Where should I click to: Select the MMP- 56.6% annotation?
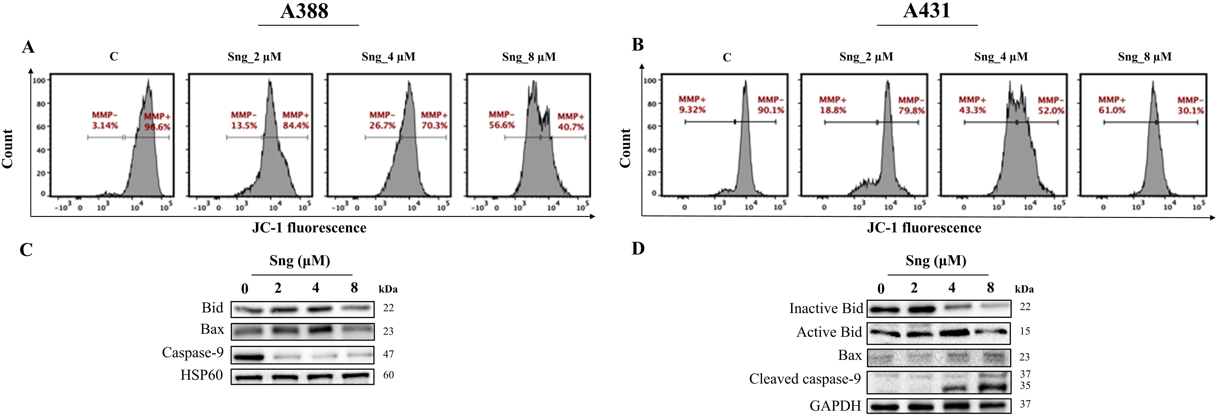click(502, 120)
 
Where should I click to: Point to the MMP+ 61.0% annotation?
click(1112, 105)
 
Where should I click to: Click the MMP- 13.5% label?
click(244, 120)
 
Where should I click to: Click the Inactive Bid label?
click(826, 308)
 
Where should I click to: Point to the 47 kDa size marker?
click(388, 354)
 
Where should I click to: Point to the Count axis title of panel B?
click(625, 148)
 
